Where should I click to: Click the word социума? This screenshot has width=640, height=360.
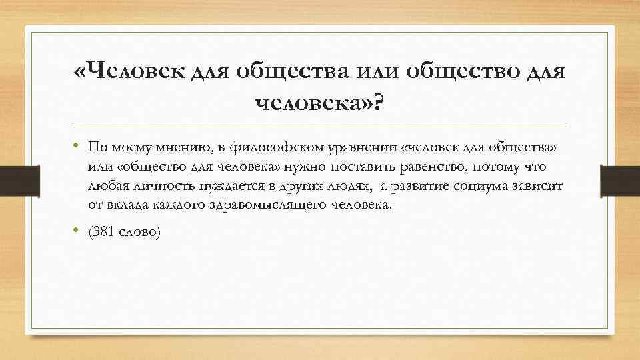click(x=480, y=185)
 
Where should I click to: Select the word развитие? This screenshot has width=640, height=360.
click(x=413, y=185)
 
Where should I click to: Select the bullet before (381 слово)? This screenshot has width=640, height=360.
click(x=77, y=231)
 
